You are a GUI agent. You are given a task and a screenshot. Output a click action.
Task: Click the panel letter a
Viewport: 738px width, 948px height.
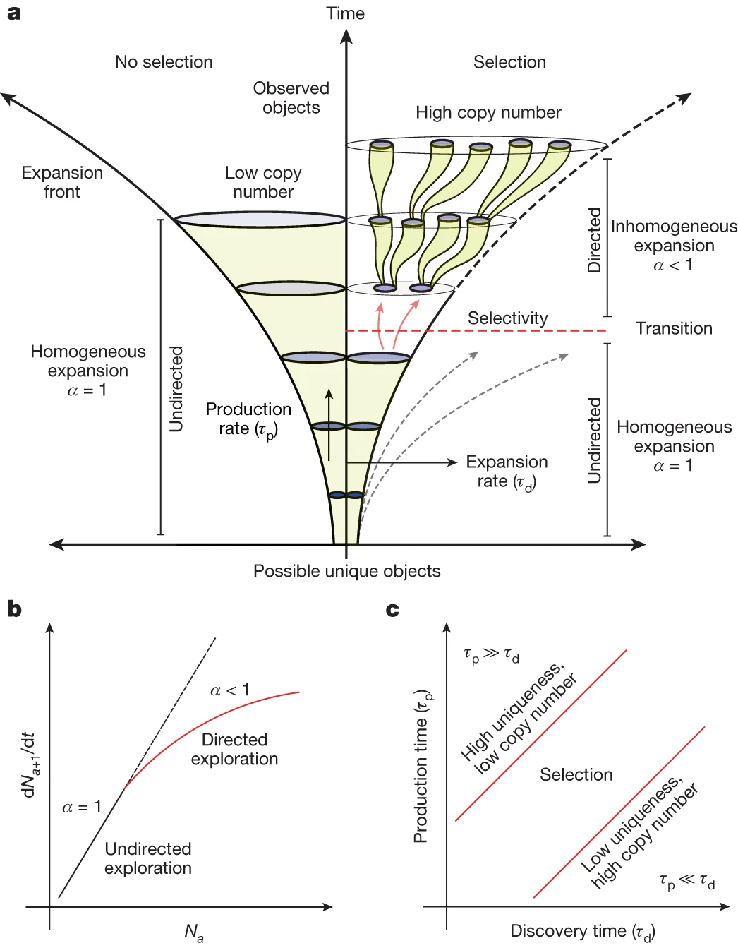13,13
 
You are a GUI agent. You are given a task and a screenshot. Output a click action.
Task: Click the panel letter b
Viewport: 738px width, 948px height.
14,608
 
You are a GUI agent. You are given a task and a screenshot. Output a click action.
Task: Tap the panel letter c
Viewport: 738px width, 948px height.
393,609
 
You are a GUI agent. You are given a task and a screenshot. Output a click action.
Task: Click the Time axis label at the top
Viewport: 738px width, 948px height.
345,13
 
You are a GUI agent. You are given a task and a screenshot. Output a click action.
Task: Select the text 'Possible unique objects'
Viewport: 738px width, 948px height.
346,571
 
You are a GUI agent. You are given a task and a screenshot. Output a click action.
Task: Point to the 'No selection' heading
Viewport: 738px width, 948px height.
164,62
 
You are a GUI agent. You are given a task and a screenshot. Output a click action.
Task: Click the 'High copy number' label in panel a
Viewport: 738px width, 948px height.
488,112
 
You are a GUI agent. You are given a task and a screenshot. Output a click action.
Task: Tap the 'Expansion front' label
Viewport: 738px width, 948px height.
62,182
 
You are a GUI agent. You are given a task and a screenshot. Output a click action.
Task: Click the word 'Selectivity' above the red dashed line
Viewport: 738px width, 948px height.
507,318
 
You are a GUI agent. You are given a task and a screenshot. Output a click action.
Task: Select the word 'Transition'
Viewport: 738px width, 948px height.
674,328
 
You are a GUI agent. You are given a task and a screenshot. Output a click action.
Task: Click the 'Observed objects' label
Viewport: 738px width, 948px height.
291,97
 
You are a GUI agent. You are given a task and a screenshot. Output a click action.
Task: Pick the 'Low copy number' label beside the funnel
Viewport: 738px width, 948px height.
263,182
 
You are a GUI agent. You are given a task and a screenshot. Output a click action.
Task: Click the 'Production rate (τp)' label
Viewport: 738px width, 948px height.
248,419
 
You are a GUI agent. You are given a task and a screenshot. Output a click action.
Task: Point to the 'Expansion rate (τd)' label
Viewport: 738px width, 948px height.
507,472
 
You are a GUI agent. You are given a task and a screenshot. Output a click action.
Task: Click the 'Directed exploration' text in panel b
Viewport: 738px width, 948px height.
234,749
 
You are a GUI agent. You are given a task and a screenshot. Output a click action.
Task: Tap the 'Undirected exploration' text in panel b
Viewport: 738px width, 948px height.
148,858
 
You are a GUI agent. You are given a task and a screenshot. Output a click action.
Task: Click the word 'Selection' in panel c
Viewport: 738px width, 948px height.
576,774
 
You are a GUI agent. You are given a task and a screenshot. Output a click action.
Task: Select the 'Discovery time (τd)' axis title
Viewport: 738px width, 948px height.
582,932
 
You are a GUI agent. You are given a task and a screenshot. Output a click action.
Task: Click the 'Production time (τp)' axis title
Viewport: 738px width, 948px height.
422,767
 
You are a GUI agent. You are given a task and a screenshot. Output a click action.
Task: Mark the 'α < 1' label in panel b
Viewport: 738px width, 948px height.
230,690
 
